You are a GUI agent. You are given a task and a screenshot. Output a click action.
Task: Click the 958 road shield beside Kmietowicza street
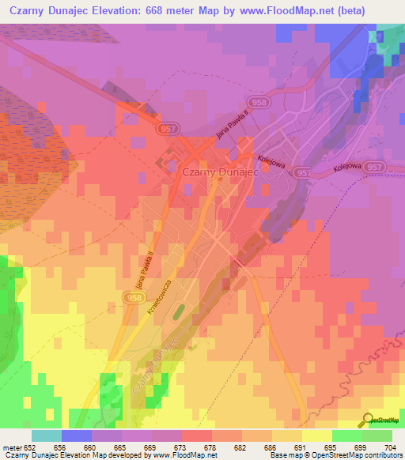click(x=133, y=296)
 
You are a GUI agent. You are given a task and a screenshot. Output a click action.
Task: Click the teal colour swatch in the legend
click(x=47, y=435)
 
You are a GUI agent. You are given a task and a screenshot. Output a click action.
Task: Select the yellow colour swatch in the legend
click(x=317, y=435)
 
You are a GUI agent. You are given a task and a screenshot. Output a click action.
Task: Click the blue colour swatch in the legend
click(x=77, y=435)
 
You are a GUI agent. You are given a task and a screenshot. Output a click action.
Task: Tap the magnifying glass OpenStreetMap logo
click(x=369, y=419)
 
